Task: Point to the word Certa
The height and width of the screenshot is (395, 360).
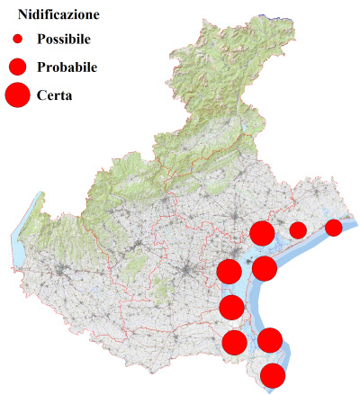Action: tap(55, 94)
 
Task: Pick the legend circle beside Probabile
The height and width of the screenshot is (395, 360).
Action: tap(17, 67)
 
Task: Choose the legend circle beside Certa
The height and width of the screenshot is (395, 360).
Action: tap(17, 94)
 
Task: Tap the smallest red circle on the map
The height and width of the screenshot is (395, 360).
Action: tap(333, 227)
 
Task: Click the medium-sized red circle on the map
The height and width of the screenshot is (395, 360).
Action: tap(298, 229)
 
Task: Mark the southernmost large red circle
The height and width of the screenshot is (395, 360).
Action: tap(273, 376)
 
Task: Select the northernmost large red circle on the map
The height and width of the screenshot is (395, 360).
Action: tap(262, 234)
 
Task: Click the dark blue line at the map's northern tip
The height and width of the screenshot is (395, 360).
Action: tap(280, 15)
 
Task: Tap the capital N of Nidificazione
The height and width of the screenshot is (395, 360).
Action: tap(23, 15)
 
